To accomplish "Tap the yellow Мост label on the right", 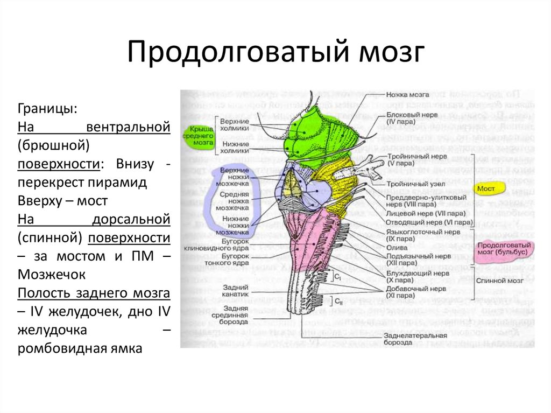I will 489,189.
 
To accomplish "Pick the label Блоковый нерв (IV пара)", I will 412,119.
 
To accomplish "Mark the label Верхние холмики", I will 234,125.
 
